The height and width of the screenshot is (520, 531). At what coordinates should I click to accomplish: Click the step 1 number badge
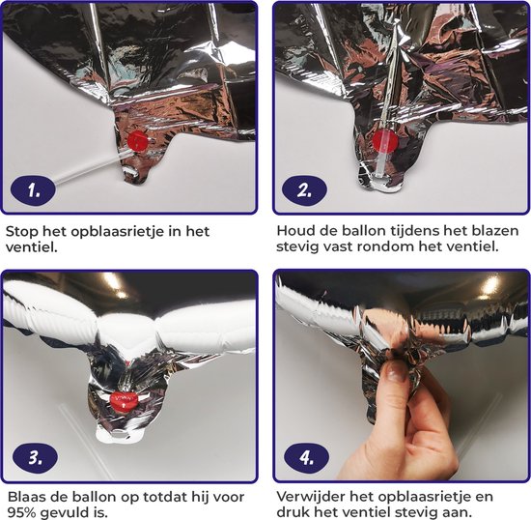point(33,190)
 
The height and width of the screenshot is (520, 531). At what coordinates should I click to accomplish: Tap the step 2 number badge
point(304,189)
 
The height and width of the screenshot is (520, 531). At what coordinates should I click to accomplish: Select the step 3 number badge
point(35,457)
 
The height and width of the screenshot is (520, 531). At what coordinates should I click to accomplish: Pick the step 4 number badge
point(306,457)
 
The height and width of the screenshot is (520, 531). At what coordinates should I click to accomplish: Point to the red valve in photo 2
point(384,140)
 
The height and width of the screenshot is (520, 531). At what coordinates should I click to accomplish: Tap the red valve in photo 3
point(123,401)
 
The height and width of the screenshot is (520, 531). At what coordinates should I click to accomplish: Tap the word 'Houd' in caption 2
point(293,231)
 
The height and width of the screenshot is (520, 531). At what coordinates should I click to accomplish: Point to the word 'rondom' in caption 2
point(387,246)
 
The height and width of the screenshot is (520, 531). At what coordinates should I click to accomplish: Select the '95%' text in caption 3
point(21,513)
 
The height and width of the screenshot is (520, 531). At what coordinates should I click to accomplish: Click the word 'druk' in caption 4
point(292,512)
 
